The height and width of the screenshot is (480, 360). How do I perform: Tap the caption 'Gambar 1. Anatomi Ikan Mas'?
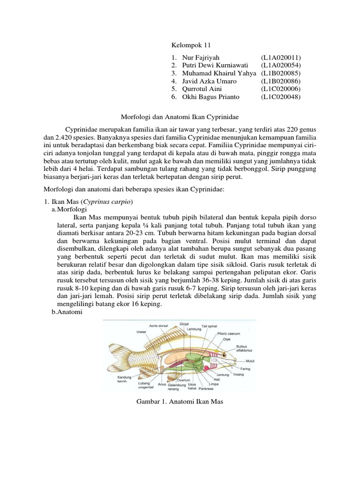180,402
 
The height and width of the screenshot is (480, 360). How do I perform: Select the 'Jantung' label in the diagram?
223,375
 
